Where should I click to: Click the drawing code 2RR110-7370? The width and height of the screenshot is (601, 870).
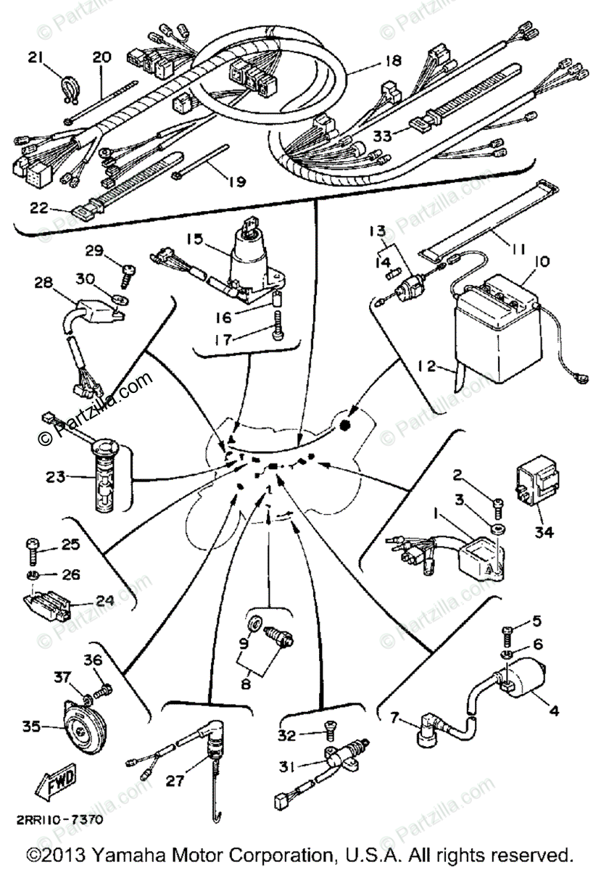[56, 821]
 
